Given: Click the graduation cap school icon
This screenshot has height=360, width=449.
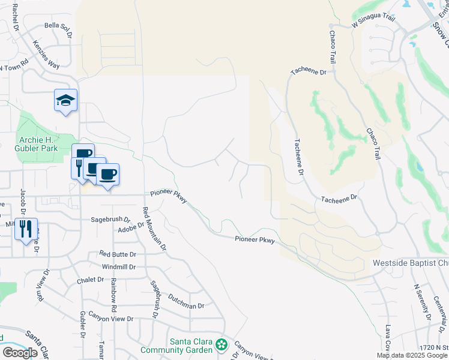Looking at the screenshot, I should (65, 100).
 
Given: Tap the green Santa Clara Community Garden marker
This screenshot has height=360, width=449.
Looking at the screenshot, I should (221, 344).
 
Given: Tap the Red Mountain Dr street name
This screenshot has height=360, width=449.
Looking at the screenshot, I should (154, 229).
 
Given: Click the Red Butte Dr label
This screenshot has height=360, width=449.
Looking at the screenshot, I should (118, 254).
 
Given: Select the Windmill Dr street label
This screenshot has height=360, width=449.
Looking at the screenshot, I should (119, 266).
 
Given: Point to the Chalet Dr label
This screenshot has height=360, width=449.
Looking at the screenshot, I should (91, 280).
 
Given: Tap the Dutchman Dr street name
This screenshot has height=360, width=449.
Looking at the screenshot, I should (186, 302).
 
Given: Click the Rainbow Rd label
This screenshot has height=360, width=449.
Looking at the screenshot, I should (112, 298).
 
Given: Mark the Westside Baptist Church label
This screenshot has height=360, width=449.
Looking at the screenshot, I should (411, 263).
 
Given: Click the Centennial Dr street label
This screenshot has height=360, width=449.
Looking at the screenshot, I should (441, 313).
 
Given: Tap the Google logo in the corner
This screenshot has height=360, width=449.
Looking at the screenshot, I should (19, 353).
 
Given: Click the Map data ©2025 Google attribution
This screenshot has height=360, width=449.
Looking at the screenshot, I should (412, 355).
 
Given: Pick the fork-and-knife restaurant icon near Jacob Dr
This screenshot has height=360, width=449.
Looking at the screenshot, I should (26, 229).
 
